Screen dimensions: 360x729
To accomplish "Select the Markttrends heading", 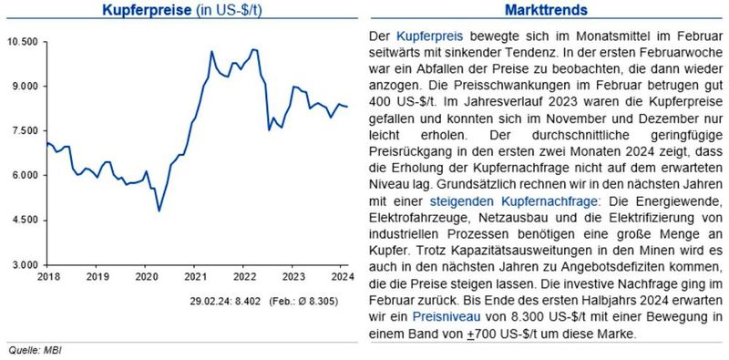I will click(545, 11).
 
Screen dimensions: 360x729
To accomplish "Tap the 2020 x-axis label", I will click(145, 276).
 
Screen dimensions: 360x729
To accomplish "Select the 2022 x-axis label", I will click(243, 276).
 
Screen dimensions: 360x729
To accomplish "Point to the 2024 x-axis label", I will click(342, 276).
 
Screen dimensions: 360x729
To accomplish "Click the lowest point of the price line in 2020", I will click(159, 211).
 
